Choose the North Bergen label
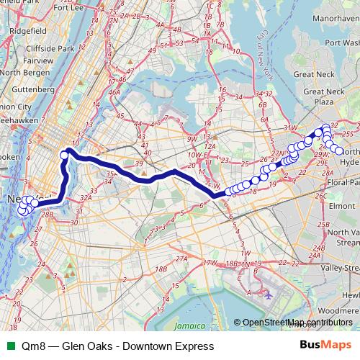22,72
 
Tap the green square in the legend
9,346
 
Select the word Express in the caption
194,346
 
